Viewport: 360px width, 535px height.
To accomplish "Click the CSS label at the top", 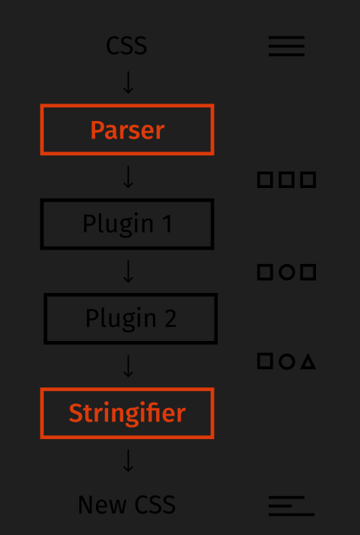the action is [x=126, y=46].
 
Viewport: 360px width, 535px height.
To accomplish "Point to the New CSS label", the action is [x=126, y=505].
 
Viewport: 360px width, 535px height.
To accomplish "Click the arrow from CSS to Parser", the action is [x=128, y=82].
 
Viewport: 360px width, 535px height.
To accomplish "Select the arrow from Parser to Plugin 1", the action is [x=128, y=177].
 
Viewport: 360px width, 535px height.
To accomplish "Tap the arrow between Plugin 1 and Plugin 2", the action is [x=128, y=271].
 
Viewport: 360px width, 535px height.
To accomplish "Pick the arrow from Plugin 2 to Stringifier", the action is [x=128, y=366].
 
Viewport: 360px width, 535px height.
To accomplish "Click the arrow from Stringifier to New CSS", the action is [x=128, y=460].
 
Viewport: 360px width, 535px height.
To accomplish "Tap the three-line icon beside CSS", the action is [x=286, y=46].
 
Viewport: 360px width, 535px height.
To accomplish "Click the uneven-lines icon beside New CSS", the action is [x=292, y=506].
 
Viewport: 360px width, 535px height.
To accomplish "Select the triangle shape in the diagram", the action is [x=308, y=361].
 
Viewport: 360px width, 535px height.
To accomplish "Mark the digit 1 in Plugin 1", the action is [x=168, y=224].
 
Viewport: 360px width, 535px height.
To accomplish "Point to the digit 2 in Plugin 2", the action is [x=170, y=318].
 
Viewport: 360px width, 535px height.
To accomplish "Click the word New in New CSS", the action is [x=102, y=505].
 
